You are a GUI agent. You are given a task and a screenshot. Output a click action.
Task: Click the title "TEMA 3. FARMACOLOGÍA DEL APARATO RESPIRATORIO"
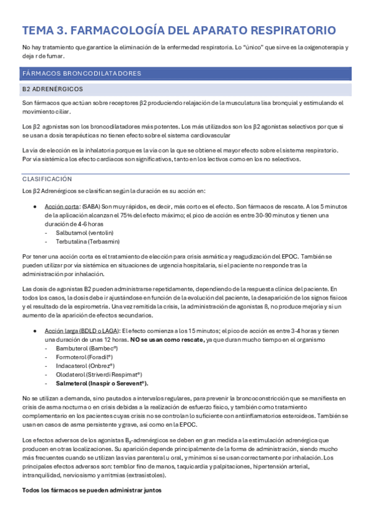179,30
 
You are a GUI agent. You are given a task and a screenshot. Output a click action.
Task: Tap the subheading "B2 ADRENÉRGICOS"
49,89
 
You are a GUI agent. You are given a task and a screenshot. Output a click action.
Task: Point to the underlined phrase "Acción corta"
63,206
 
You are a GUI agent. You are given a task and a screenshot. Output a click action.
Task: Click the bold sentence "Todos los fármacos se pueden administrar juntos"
92,490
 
